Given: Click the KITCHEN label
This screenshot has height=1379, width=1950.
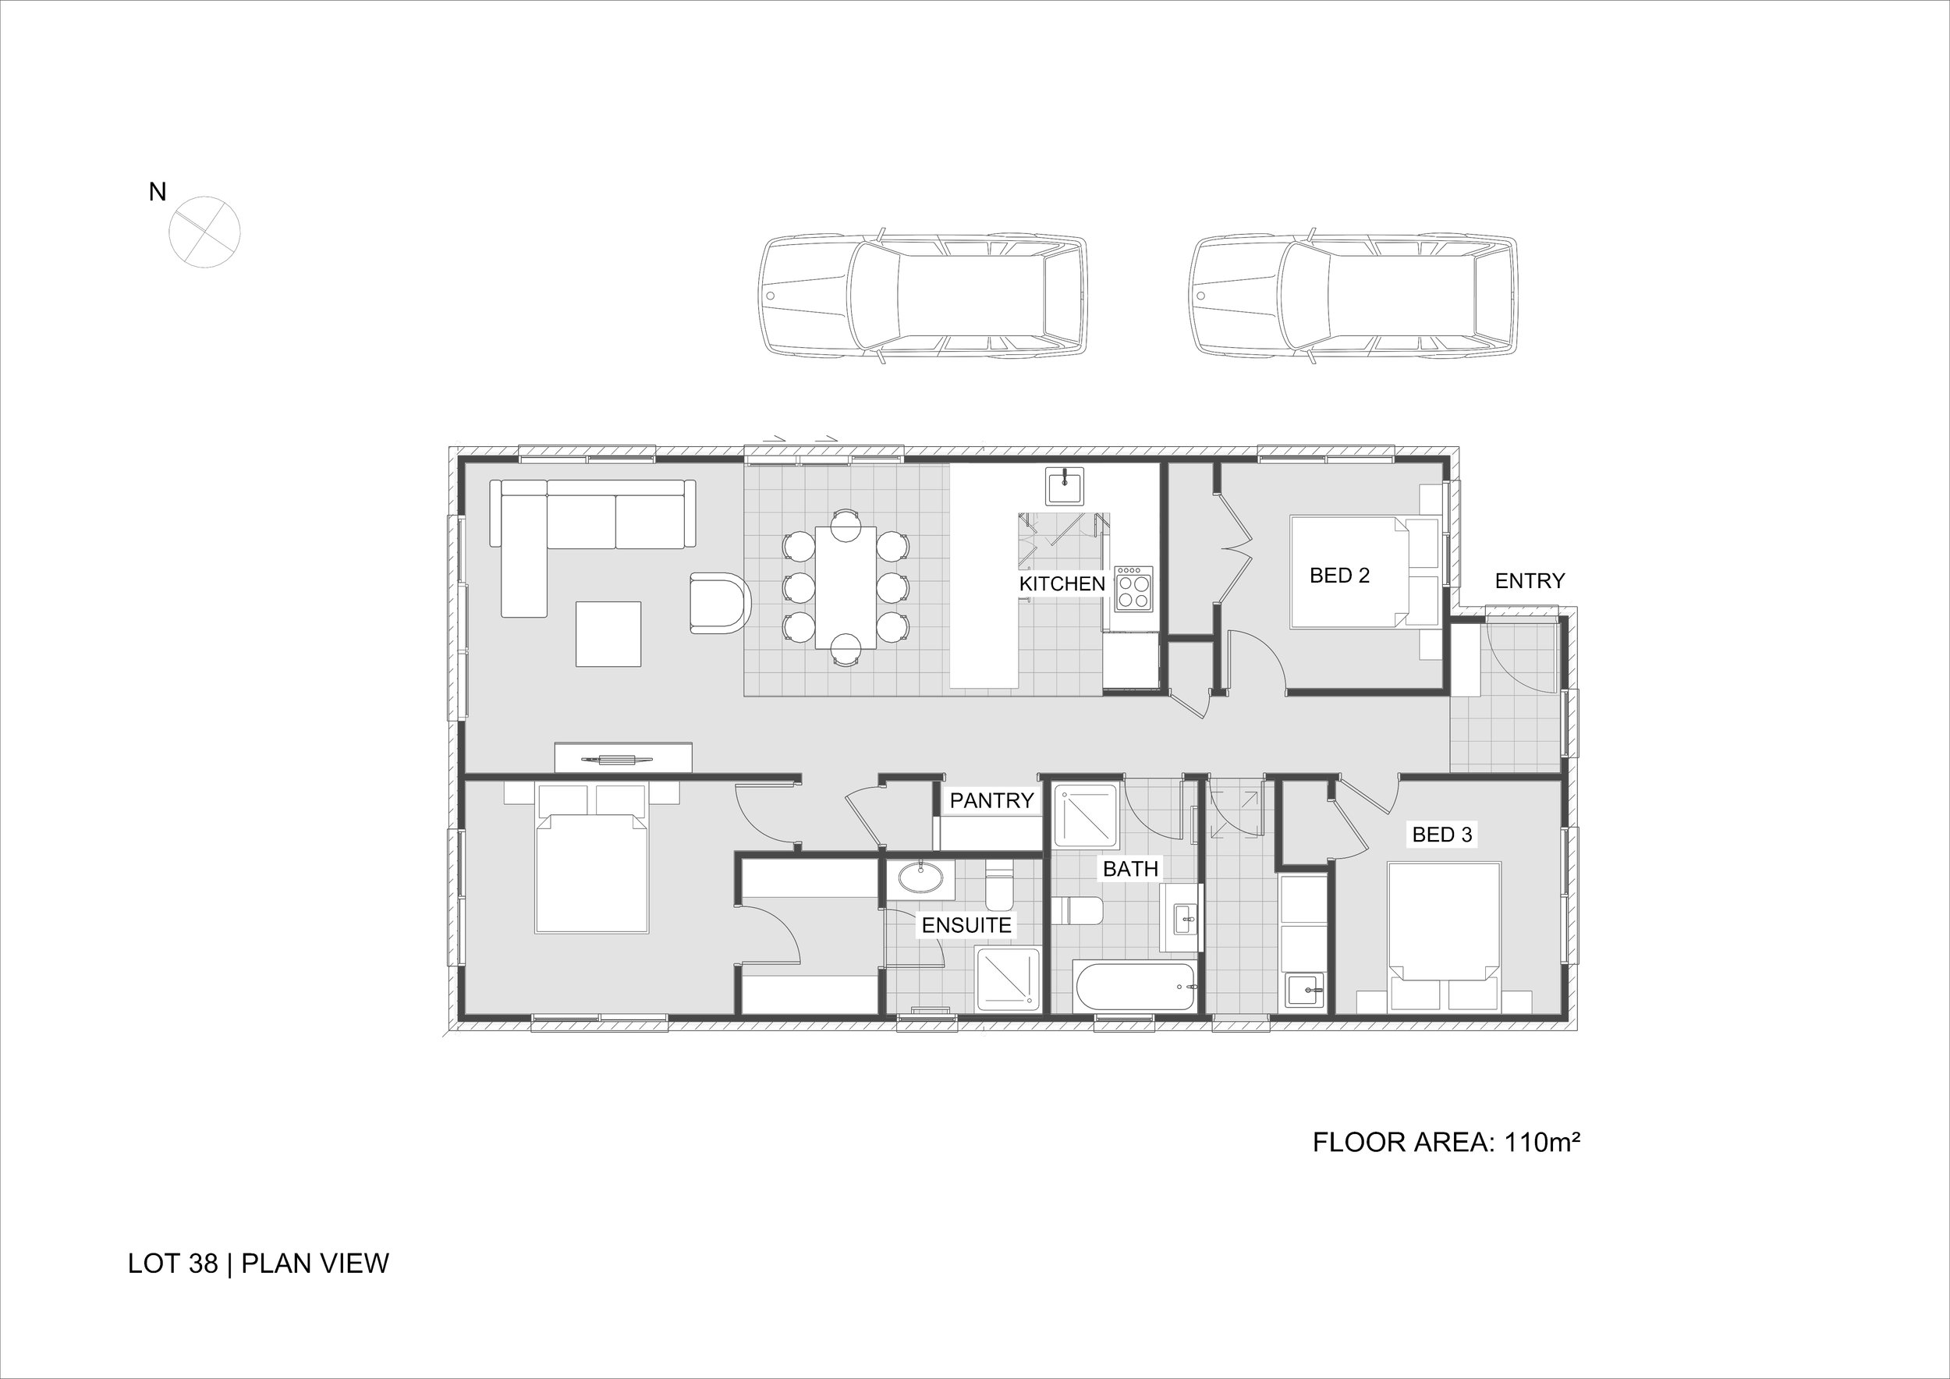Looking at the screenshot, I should [x=1062, y=584].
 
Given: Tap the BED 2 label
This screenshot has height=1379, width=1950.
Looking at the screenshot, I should [x=1339, y=576].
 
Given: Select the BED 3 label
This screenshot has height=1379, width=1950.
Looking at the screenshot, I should [x=1441, y=835].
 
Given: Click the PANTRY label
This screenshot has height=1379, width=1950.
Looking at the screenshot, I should [x=991, y=801].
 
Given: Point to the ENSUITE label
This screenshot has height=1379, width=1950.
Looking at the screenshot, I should [x=966, y=926].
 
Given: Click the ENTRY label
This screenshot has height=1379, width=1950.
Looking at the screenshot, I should [x=1530, y=581].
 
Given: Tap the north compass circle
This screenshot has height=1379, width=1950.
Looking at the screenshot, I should [x=204, y=231].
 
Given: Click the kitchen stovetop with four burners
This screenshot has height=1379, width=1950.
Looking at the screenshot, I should [x=1134, y=588].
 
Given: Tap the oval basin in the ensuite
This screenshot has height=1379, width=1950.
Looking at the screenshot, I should [x=920, y=877].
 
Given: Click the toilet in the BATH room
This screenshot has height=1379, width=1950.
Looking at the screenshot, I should [x=1077, y=912].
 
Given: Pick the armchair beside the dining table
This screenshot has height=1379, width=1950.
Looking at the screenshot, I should [x=720, y=604].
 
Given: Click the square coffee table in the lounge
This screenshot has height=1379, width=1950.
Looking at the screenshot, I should [x=608, y=634].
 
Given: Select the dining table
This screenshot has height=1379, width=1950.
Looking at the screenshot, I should [x=845, y=587].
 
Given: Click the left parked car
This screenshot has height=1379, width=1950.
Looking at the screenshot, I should [x=924, y=296].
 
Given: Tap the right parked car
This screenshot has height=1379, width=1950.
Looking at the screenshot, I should [x=1353, y=296].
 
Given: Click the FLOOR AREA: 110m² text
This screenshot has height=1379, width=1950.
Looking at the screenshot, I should [x=1445, y=1143].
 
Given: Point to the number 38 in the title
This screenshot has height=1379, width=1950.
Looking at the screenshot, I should [x=204, y=1264].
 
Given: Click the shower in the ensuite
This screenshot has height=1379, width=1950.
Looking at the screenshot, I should [x=1008, y=979].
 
